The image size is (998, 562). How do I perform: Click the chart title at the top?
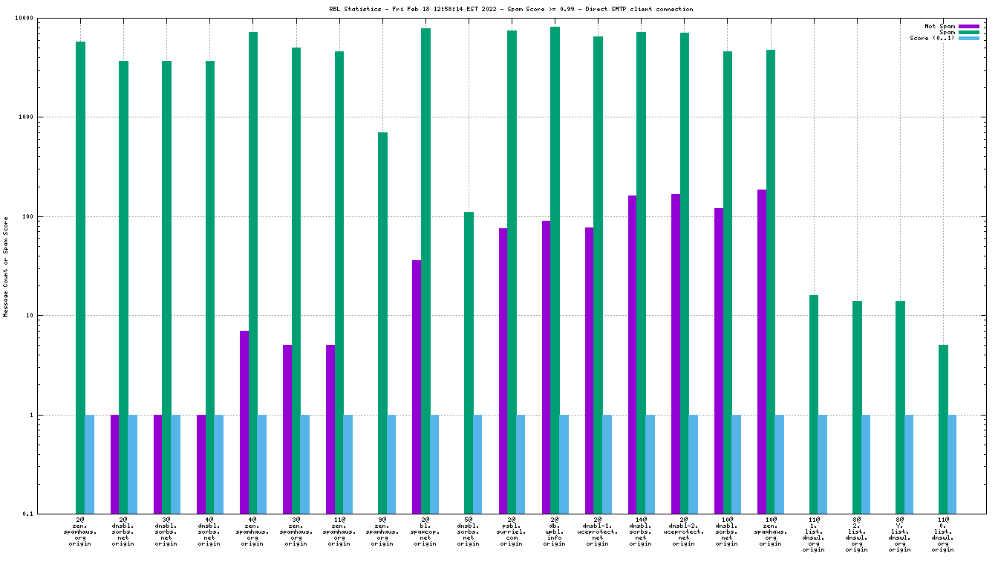click(512, 10)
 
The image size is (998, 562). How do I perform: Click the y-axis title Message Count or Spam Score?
click(6, 267)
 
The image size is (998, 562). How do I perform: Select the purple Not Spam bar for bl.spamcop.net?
click(417, 387)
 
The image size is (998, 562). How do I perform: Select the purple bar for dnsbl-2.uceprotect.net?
click(675, 353)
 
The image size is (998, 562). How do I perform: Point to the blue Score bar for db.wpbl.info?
click(564, 464)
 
